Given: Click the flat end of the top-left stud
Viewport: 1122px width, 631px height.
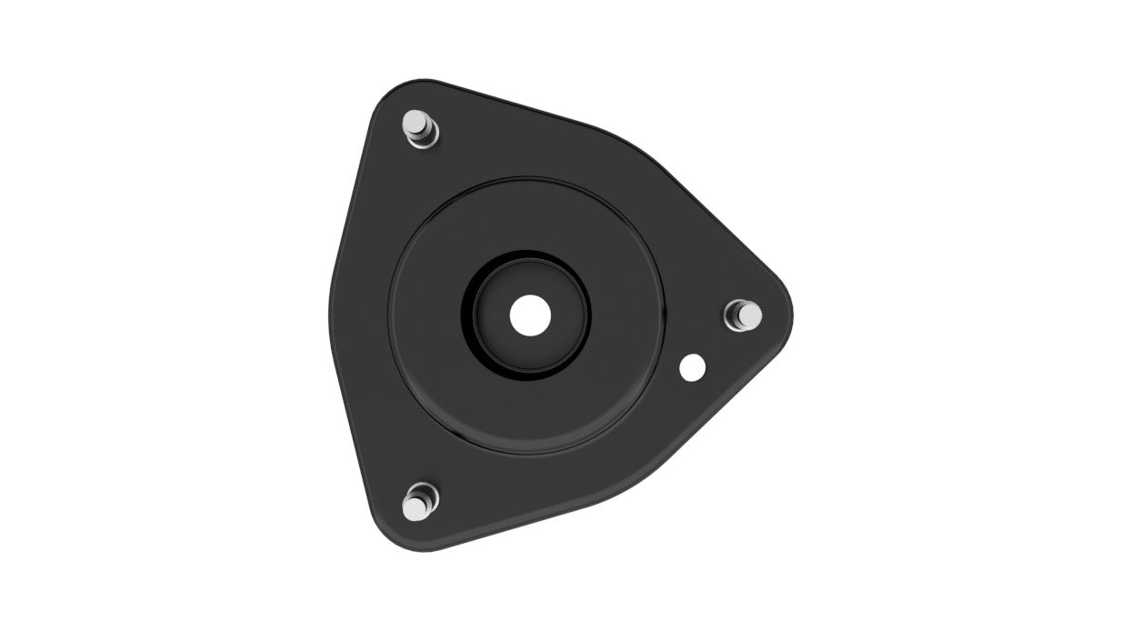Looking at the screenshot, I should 416,120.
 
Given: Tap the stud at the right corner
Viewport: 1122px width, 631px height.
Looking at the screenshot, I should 745,315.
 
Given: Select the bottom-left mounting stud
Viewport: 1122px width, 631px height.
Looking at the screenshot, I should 419,502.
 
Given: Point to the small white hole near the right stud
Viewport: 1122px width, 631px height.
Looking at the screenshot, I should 693,367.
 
